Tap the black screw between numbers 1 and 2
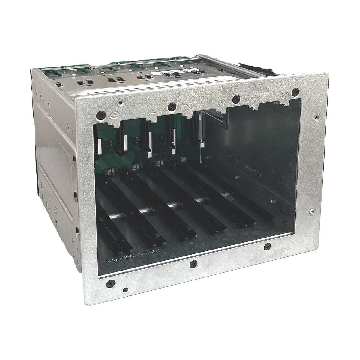[x=171, y=105]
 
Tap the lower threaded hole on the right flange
[x=313, y=211]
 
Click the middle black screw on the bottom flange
[x=192, y=264]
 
